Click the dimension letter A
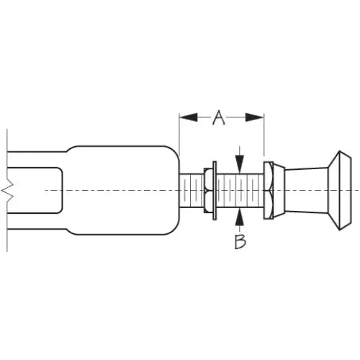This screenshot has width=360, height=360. point(219,118)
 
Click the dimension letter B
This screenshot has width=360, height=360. point(240,241)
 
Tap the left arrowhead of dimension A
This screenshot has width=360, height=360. point(189,117)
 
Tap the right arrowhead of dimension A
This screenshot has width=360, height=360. point(255,117)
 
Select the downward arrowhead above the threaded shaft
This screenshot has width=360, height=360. point(240,164)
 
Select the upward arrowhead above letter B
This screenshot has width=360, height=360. point(240,217)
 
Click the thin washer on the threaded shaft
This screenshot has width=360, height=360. point(215,191)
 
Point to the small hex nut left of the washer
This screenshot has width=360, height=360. point(208,191)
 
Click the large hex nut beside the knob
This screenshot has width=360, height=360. point(269,191)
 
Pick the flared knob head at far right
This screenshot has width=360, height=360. point(340,191)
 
